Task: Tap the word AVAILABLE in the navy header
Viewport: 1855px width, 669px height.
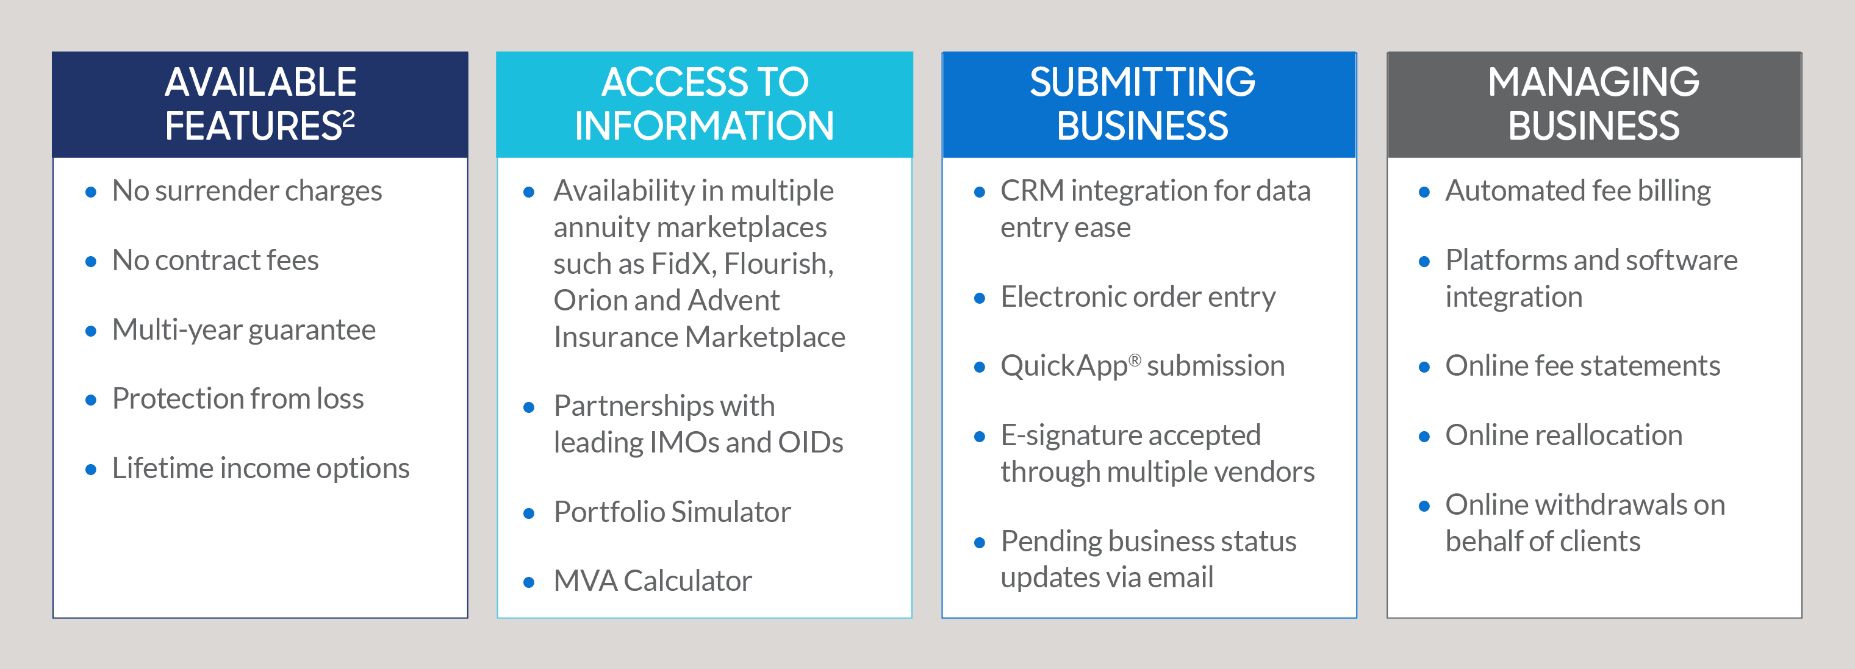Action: click(260, 82)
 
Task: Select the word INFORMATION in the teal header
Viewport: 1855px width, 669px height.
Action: click(705, 126)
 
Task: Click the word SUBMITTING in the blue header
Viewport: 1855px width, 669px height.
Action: click(1143, 82)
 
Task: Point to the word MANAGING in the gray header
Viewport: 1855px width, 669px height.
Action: click(1593, 82)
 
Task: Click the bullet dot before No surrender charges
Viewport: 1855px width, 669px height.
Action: click(91, 192)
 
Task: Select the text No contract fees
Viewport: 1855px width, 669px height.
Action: click(215, 260)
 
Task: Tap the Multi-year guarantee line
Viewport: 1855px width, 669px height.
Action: click(244, 331)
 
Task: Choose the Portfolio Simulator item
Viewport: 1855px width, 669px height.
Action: click(672, 512)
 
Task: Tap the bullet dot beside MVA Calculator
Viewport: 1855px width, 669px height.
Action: click(528, 582)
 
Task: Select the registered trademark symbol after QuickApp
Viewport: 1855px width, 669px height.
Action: click(1134, 360)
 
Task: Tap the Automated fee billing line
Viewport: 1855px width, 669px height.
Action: click(1578, 191)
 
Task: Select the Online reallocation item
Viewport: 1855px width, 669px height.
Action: click(1563, 435)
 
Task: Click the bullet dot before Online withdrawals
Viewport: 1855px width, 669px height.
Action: click(1424, 506)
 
